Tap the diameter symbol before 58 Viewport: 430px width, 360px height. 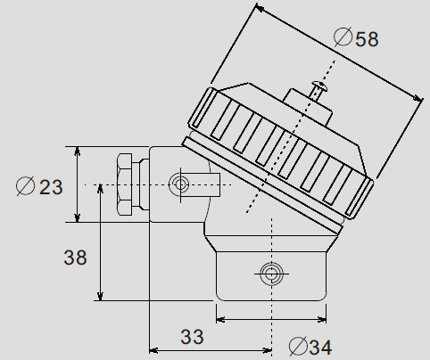click(343, 37)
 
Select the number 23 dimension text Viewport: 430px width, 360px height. click(51, 186)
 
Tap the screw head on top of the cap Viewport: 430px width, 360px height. click(317, 88)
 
